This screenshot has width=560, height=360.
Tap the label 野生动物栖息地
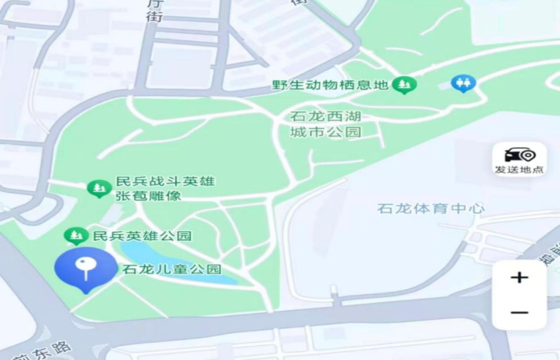coord(329,84)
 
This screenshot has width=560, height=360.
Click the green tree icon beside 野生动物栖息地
coord(403,85)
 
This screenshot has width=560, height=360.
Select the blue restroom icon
coord(463,83)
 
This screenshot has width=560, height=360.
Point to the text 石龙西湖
coord(326,116)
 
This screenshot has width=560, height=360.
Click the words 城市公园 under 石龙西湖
coord(326,132)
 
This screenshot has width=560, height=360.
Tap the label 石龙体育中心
coord(430,209)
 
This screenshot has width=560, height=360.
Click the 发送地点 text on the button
coord(519,170)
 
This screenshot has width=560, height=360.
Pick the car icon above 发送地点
coord(520,154)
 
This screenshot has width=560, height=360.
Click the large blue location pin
coord(86,268)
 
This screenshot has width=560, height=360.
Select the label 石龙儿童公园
coord(172,269)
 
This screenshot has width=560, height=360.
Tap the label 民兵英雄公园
coord(142,236)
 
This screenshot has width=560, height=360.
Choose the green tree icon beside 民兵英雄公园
coord(75,236)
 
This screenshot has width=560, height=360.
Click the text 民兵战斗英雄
coord(165,181)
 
